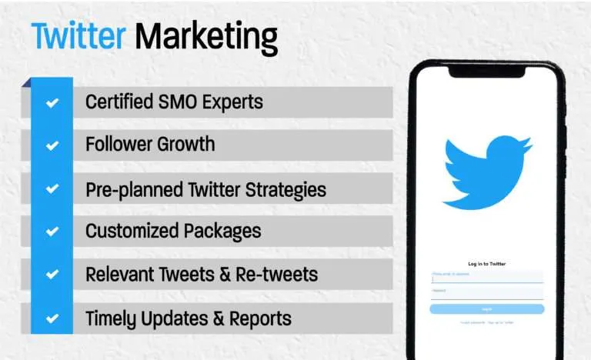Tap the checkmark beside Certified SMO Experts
pos(52,102)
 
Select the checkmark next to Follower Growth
pos(52,145)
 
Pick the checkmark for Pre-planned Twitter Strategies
pos(52,188)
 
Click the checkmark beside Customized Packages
pos(52,231)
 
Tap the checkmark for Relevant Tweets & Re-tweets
pos(52,274)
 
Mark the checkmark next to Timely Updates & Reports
pos(52,317)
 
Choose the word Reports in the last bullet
pos(262,317)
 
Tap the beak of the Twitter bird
pos(527,145)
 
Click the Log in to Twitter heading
pos(486,264)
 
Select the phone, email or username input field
pos(486,276)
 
